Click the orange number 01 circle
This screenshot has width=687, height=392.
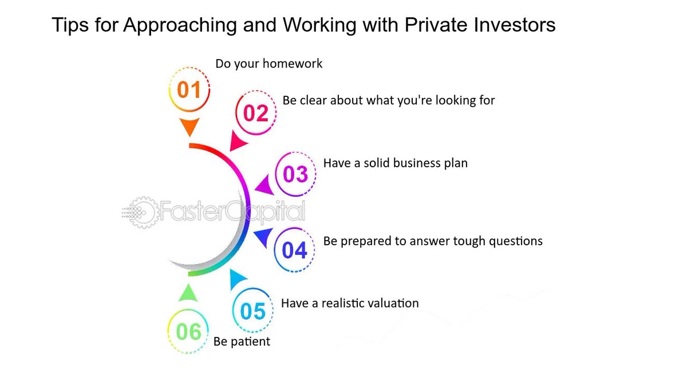(x=189, y=90)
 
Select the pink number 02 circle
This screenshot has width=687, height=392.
(x=256, y=112)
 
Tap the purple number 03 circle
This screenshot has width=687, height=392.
(x=295, y=174)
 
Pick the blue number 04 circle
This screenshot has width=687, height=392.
(x=294, y=250)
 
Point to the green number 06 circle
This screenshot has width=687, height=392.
(x=188, y=332)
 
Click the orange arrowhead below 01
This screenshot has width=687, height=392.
(x=189, y=127)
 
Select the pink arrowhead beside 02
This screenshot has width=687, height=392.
(x=237, y=141)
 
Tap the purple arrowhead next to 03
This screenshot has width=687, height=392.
(x=264, y=186)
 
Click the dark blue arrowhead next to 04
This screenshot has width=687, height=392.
(x=262, y=237)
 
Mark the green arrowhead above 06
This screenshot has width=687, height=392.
(x=188, y=293)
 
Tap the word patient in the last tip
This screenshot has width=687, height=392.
(x=250, y=342)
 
